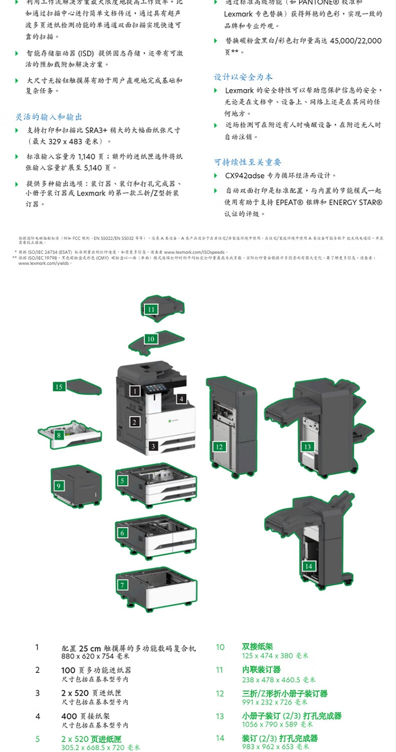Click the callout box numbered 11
[152, 309]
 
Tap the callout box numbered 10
[151, 339]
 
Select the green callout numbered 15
[59, 387]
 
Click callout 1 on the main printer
[135, 391]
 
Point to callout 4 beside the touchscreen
[181, 399]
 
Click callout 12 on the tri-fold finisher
[219, 447]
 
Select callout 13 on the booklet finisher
[308, 447]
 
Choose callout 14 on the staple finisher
[308, 566]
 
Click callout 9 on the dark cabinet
[59, 486]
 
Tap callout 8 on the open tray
[59, 436]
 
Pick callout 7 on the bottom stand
[122, 585]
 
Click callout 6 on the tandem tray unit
[122, 533]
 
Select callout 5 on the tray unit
[122, 481]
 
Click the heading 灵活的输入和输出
[49, 117]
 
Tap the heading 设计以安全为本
[243, 77]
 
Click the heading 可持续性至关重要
[248, 162]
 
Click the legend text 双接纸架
[258, 647]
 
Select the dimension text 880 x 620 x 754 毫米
[96, 656]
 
